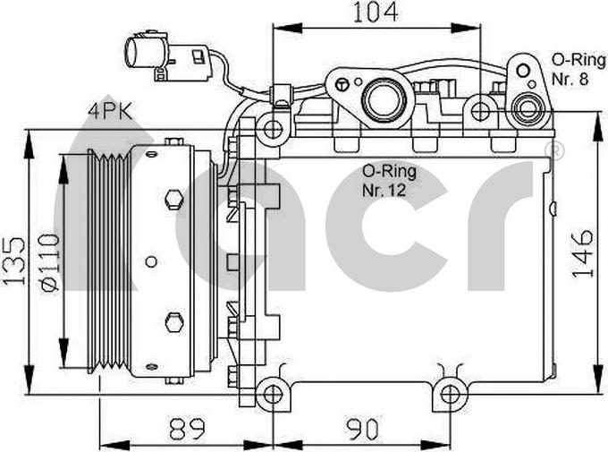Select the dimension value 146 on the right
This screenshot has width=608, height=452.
click(582, 253)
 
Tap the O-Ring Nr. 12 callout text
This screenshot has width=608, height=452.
click(389, 178)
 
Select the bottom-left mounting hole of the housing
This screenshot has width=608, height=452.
click(273, 391)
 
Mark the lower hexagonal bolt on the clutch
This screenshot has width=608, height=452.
click(173, 320)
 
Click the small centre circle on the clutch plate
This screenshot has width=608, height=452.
click(151, 262)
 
